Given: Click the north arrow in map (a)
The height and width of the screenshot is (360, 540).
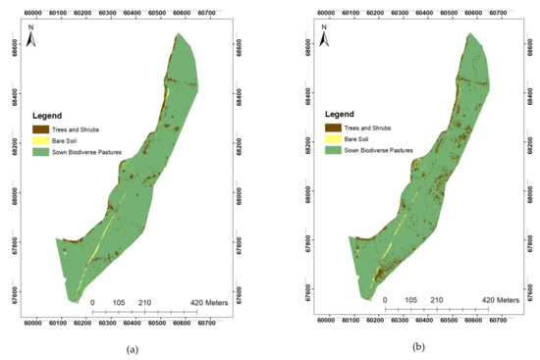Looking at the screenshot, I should point(32,38).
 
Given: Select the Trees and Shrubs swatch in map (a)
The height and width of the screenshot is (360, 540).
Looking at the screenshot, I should point(40,129).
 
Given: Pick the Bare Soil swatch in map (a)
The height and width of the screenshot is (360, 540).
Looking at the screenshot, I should point(40,141).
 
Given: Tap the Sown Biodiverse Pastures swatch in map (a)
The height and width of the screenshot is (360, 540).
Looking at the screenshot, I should point(40,153).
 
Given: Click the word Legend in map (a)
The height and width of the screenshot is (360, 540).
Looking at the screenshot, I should point(49,117).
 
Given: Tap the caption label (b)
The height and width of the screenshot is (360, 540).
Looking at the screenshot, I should point(419,348).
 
